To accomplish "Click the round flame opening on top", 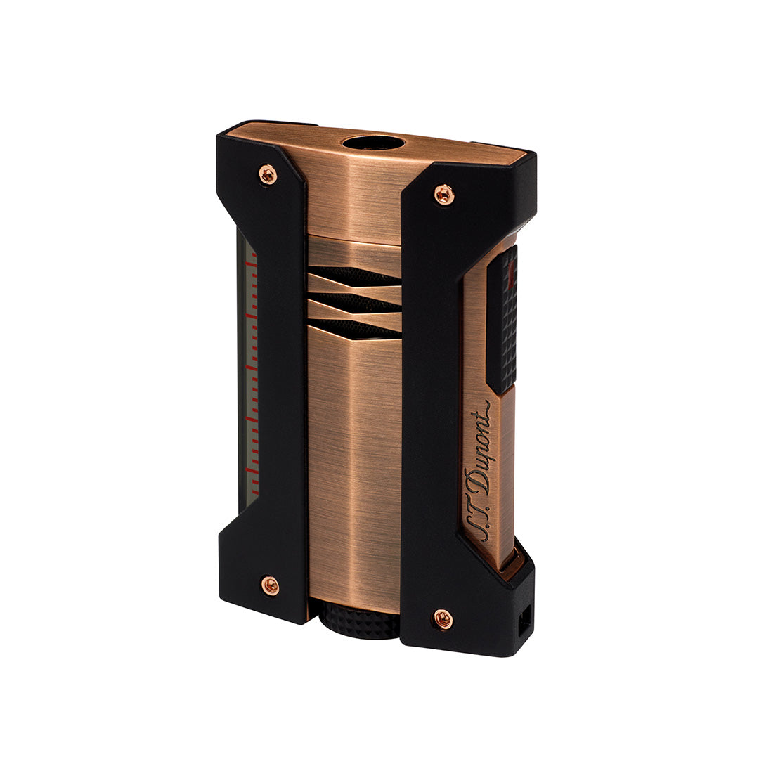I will tap(373, 143).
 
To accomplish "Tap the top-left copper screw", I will tap(268, 174).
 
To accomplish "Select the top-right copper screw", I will tap(443, 194).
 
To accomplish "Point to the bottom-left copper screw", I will tap(270, 585).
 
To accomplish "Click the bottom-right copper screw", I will tap(442, 618).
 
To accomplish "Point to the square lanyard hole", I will tap(523, 624).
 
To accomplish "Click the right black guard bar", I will tap(430, 408).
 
